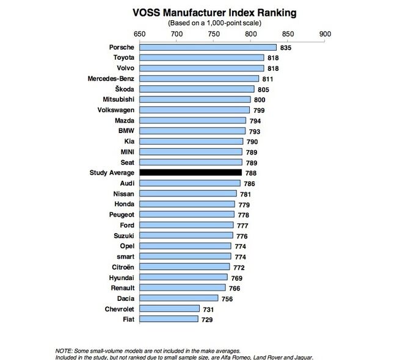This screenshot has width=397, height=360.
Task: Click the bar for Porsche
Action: click(208, 47)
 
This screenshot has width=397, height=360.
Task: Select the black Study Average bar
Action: click(190, 173)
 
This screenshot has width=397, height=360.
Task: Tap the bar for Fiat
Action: click(169, 319)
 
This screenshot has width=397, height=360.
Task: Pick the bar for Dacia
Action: click(178, 298)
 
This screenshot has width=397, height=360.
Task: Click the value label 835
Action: click(286, 47)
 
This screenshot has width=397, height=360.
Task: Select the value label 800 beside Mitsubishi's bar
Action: click(260, 99)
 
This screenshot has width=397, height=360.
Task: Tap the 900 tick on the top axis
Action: click(325, 34)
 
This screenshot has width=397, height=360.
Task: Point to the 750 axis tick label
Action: click(213, 34)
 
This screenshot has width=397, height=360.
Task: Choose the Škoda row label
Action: click(122, 89)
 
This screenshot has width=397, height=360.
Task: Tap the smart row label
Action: click(123, 256)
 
